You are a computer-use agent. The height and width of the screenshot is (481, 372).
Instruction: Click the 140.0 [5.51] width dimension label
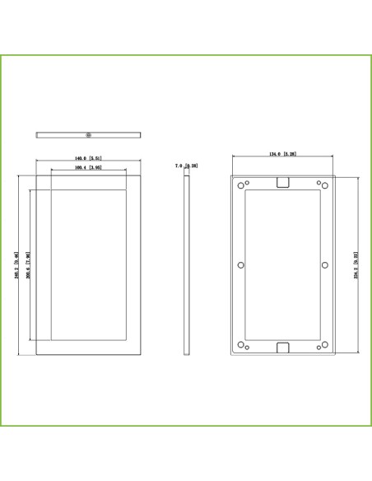pyautogui.click(x=88, y=158)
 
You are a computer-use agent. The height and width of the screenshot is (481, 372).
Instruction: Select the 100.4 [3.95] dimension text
pyautogui.click(x=88, y=168)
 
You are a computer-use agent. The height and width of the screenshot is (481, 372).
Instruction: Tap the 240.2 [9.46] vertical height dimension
pyautogui.click(x=17, y=265)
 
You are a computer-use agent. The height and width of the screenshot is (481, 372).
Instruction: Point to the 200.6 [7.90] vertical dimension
pyautogui.click(x=29, y=265)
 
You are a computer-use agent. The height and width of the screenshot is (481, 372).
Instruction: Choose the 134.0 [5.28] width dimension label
pyautogui.click(x=282, y=154)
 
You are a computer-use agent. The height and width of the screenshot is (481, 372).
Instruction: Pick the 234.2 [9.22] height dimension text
pyautogui.click(x=356, y=265)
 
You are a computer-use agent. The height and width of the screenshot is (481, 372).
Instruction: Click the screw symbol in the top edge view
pyautogui.click(x=89, y=133)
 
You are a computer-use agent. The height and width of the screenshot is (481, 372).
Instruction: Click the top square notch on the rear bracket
pyautogui.click(x=282, y=182)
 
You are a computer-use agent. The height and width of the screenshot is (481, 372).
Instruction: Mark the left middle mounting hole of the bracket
pyautogui.click(x=240, y=265)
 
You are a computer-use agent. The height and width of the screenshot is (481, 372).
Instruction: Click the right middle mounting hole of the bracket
pyautogui.click(x=325, y=265)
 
